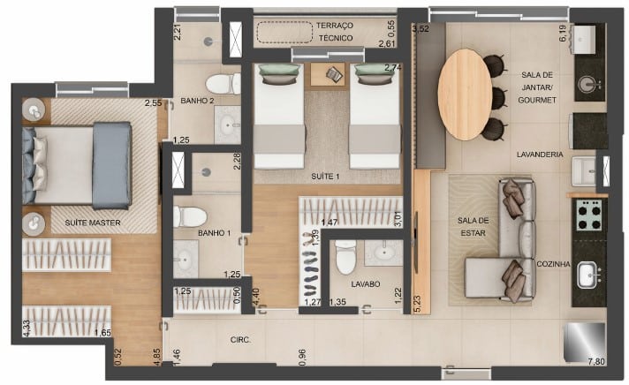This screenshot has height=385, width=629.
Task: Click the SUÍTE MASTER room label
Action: pos(93,223)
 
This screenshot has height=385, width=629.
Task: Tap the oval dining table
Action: pos(465,94)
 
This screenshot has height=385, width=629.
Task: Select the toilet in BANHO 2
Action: pos(223,84)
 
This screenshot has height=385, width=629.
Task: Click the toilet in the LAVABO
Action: pos(345,258)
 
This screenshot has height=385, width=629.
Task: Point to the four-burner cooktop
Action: pos(588,215)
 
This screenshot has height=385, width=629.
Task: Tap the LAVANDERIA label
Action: pos(540,155)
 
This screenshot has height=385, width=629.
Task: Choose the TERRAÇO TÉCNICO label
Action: pos(335,32)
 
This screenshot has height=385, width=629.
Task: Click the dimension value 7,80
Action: pos(596,361)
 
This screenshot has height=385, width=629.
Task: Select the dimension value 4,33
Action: pos(27,328)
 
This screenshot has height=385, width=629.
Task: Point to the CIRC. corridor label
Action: pos(240,340)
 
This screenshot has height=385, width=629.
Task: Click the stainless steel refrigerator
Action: pos(584,342)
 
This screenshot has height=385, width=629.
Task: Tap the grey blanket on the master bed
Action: pos(112,166)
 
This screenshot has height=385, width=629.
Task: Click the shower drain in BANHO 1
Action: pos(206,172)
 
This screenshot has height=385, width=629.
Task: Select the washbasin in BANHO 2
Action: pos(227,125)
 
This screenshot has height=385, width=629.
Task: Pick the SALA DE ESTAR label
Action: pos(473,227)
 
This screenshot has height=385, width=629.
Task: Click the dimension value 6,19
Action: pos(563,34)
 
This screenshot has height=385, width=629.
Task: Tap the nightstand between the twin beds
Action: pos(328,74)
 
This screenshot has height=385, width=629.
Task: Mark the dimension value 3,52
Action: pos(421,28)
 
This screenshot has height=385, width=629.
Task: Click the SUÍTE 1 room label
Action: pos(325,177)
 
